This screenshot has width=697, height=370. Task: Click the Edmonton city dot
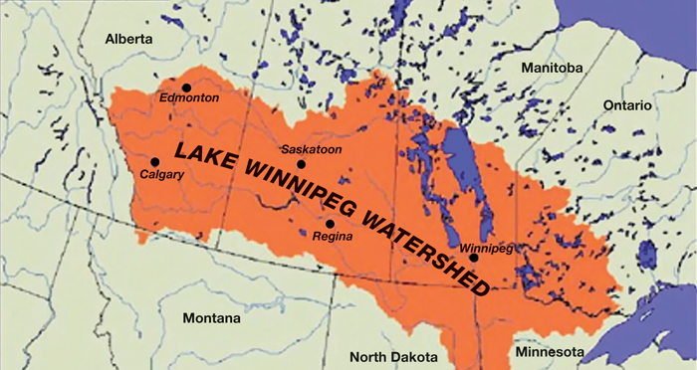[x=186, y=88]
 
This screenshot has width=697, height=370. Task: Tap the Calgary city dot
[x=154, y=162]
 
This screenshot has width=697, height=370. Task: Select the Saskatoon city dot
[x=302, y=164]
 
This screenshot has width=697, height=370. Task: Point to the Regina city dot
[x=330, y=223]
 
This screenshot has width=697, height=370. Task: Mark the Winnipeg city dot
[x=474, y=258]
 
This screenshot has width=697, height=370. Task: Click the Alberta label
[x=129, y=38]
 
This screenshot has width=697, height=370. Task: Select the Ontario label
[x=625, y=104]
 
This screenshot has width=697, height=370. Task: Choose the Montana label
[x=211, y=319]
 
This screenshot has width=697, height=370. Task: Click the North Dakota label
[x=391, y=356]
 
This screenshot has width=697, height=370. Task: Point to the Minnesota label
[x=550, y=352]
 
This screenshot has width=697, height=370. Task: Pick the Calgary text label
[x=162, y=175]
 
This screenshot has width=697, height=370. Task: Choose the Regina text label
[x=333, y=237]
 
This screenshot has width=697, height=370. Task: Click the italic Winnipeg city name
[x=487, y=247]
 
